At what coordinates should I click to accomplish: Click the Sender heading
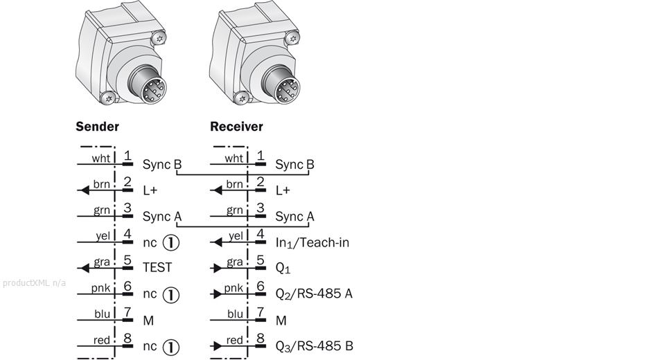97,127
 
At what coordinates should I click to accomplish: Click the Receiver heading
236,127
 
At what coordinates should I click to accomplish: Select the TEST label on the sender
157,267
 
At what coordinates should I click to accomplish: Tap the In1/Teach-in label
312,242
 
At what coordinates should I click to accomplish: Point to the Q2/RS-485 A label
314,294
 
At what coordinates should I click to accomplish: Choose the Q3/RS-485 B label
314,345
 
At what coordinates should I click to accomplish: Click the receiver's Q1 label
282,268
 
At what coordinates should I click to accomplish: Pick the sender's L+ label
150,190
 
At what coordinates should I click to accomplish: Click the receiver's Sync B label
294,165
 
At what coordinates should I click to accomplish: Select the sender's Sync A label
161,216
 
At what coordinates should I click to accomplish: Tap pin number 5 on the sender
127,262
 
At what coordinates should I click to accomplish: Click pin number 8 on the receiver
260,339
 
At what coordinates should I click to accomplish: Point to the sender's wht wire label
101,159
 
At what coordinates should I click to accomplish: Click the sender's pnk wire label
101,288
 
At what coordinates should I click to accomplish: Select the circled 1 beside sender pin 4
170,242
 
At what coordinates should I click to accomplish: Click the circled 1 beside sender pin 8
170,346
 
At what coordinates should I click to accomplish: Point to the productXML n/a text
34,283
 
